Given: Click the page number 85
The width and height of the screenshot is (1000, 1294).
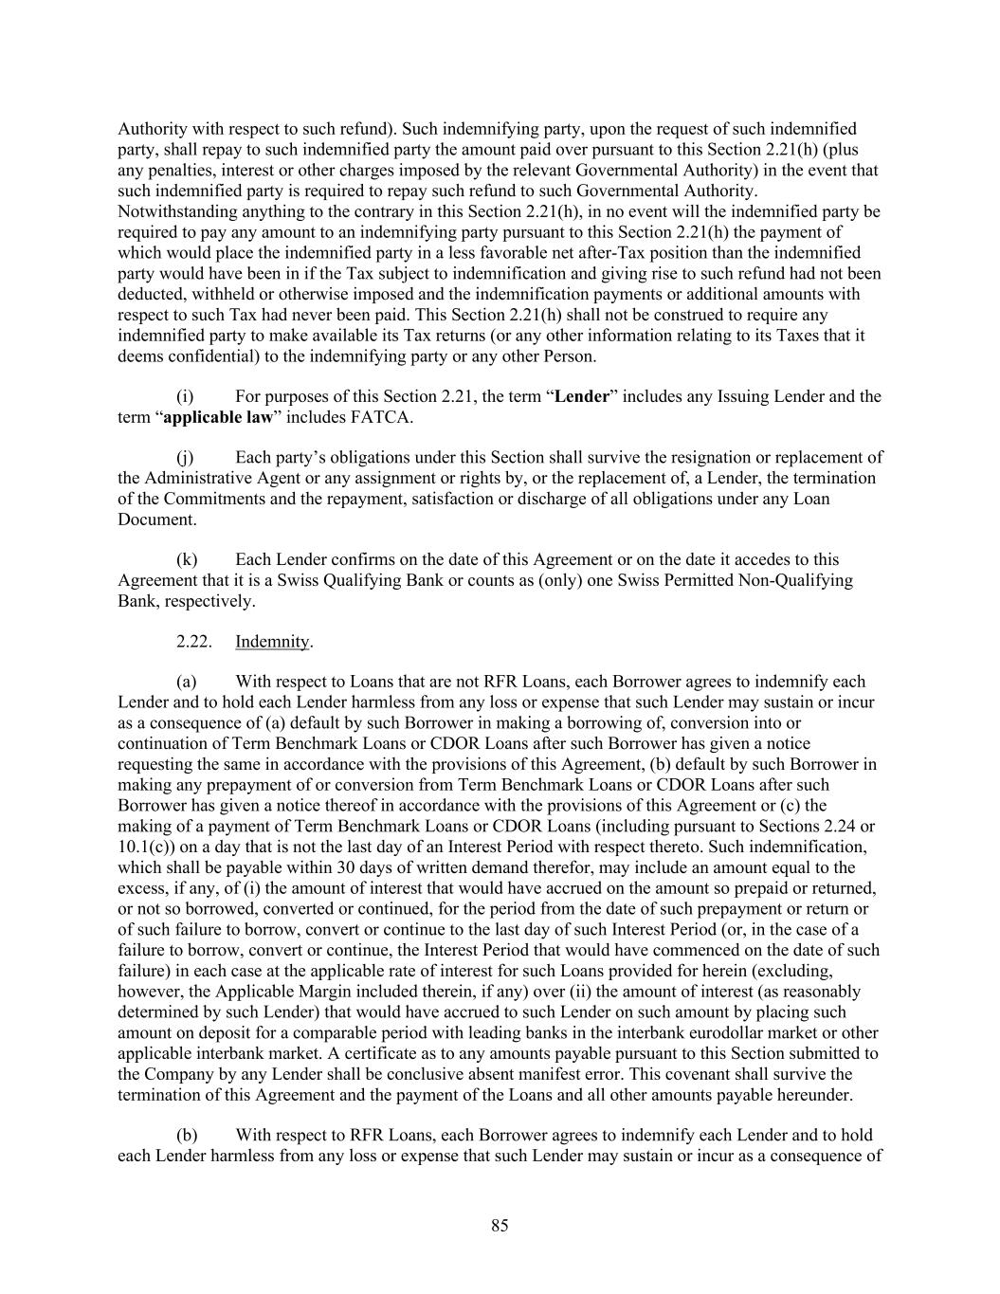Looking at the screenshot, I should (x=500, y=1226).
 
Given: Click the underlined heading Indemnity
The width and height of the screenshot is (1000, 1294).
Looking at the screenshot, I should (x=272, y=642).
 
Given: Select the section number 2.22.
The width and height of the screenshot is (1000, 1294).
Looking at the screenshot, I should (x=193, y=642).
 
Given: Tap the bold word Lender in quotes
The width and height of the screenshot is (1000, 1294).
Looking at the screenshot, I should (x=581, y=396).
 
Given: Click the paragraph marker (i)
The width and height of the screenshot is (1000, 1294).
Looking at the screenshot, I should (x=185, y=396).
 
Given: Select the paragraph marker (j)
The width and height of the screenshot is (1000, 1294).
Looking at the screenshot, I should (x=185, y=458).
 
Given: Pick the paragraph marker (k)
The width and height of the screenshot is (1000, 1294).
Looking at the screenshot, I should (x=187, y=560).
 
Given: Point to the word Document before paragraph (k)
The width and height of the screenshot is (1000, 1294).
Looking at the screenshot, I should (x=156, y=519).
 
